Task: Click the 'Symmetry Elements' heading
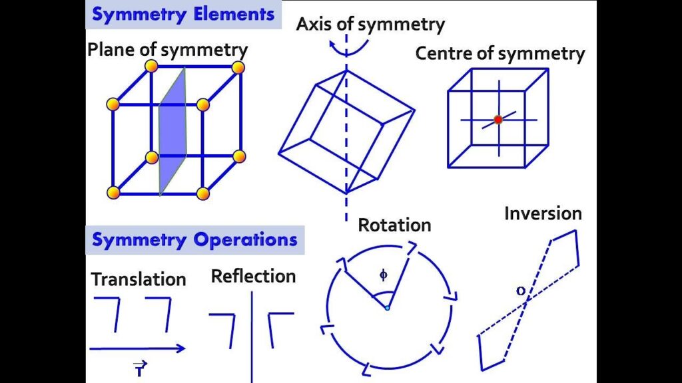click(183, 15)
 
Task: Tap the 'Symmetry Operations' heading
click(194, 239)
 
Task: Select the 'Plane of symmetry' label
click(167, 49)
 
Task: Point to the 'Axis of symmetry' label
click(370, 25)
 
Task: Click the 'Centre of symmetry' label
click(500, 53)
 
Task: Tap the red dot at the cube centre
click(498, 120)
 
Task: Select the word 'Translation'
click(139, 279)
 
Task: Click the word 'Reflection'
click(253, 276)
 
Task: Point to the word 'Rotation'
click(394, 225)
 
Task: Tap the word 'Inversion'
click(543, 213)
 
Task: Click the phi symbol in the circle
click(383, 274)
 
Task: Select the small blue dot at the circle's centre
click(387, 308)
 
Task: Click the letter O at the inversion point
click(520, 291)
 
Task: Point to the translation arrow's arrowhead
click(180, 348)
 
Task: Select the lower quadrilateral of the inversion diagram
click(492, 349)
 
